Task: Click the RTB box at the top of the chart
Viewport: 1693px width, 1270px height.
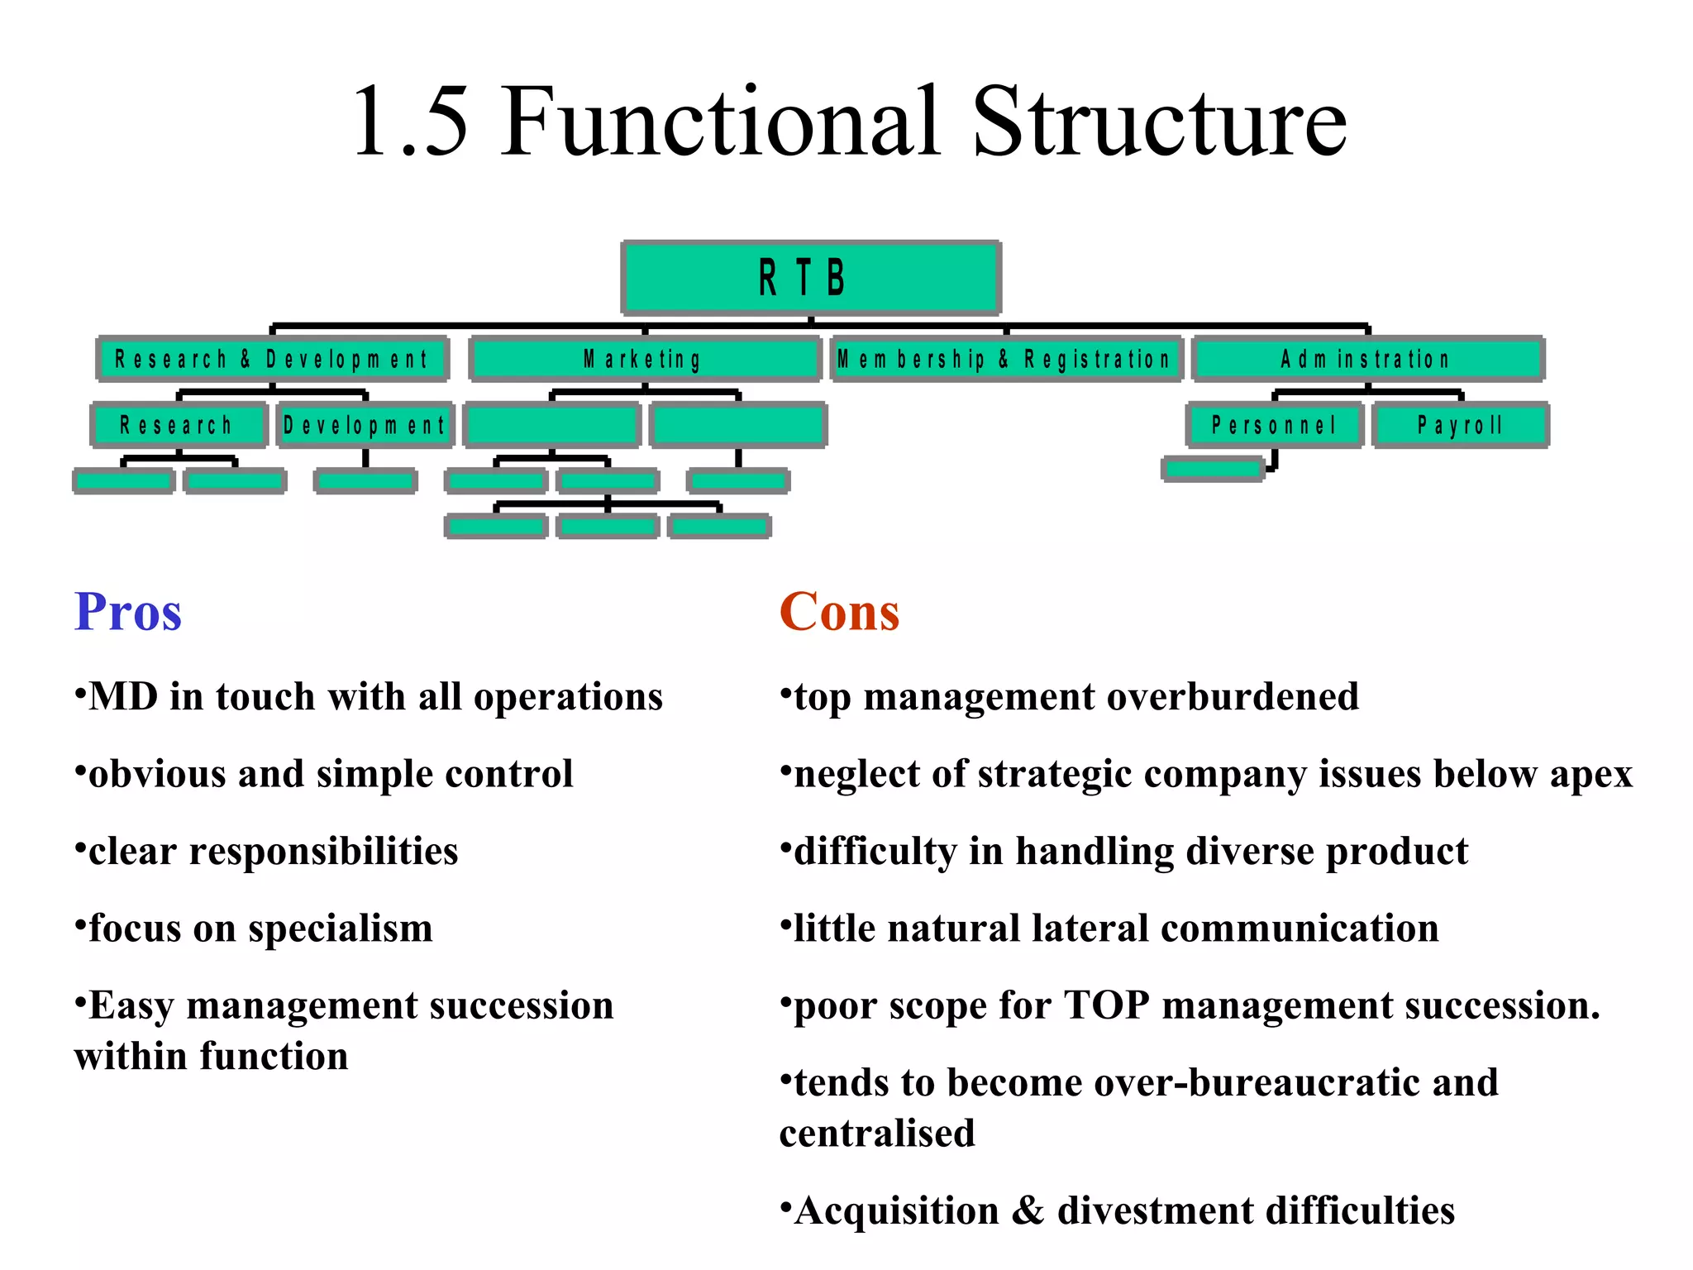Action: pyautogui.click(x=810, y=278)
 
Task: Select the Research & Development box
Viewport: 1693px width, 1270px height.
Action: pyautogui.click(x=273, y=359)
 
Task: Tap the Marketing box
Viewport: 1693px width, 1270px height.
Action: pyautogui.click(x=644, y=359)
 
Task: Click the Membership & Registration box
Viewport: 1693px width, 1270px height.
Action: pyautogui.click(x=1006, y=359)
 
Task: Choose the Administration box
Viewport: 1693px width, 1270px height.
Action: pyautogui.click(x=1367, y=359)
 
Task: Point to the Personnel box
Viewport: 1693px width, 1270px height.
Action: pyautogui.click(x=1274, y=425)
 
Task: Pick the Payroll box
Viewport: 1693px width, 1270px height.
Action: pyautogui.click(x=1460, y=425)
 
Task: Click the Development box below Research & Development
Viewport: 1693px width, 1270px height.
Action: pyautogui.click(x=365, y=425)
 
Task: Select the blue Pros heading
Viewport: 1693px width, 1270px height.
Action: pyautogui.click(x=128, y=613)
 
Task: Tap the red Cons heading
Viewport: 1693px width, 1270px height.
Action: pyautogui.click(x=839, y=613)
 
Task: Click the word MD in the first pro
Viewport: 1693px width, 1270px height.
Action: pyautogui.click(x=123, y=697)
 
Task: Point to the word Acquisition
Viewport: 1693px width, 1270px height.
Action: pyautogui.click(x=897, y=1211)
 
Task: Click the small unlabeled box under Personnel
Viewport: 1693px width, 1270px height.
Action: pyautogui.click(x=1213, y=469)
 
